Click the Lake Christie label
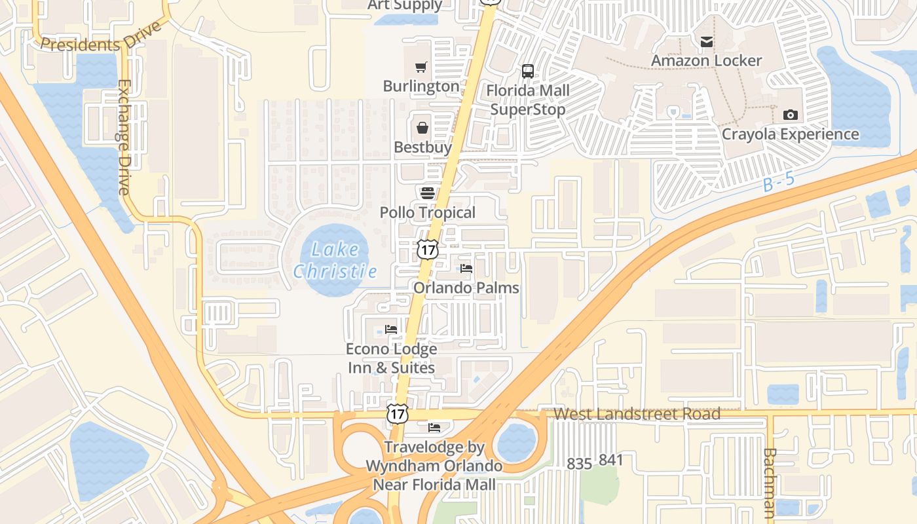[335, 260]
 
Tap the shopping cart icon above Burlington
[421, 67]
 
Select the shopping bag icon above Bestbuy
[422, 127]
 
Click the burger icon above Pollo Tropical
[428, 193]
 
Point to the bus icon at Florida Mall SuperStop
[528, 71]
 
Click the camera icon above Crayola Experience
[791, 115]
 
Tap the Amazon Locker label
[706, 61]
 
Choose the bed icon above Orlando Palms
[466, 268]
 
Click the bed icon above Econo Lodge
[391, 329]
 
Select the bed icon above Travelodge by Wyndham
[434, 428]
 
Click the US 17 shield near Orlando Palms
[427, 249]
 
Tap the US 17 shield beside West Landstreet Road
[398, 413]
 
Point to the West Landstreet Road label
[637, 414]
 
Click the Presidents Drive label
[100, 38]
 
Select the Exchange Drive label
[124, 137]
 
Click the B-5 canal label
[778, 181]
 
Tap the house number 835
[579, 464]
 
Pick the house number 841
[610, 460]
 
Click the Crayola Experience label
[790, 134]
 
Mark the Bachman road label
[770, 482]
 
